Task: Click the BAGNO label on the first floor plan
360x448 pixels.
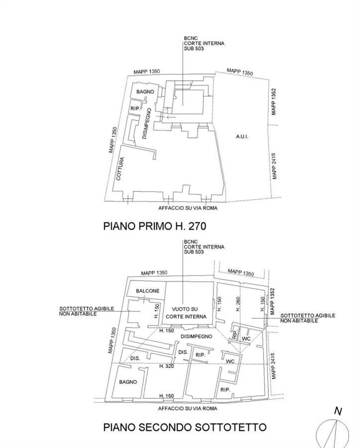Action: coord(145,92)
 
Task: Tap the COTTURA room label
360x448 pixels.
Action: coord(120,169)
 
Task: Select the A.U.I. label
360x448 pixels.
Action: coord(242,136)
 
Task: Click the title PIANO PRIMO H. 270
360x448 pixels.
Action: coord(154,226)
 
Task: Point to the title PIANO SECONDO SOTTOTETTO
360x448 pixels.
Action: coord(185,427)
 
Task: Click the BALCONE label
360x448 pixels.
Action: coord(147,291)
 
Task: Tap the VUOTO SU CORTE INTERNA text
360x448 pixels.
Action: coord(186,313)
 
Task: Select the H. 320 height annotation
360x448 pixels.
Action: coord(167,366)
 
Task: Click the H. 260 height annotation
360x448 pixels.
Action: coord(238,304)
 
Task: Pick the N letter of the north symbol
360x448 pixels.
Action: coord(338,411)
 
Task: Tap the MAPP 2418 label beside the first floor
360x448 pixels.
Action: coord(274,166)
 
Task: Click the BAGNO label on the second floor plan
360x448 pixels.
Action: coord(128,382)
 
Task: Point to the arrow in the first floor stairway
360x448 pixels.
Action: coord(171,117)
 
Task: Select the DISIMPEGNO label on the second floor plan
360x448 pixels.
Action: coord(197,336)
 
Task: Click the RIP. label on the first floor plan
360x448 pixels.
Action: coord(135,109)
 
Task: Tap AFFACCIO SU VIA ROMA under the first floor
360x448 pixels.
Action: coord(188,208)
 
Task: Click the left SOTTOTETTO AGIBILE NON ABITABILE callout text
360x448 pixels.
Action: coord(87,311)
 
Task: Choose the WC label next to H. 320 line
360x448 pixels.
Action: coord(230,361)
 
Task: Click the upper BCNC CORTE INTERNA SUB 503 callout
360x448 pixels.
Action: coord(204,43)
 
